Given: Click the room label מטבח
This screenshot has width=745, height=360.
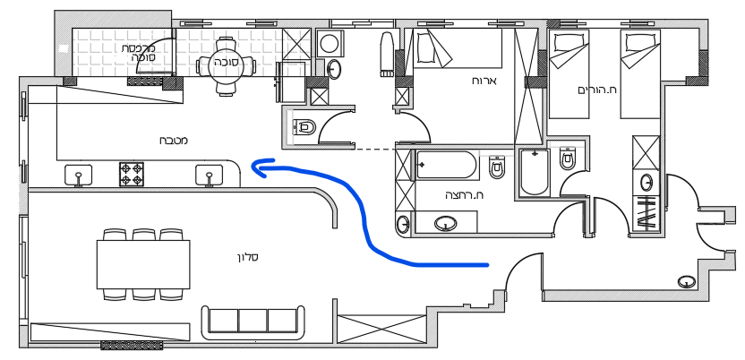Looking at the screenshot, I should pyautogui.click(x=174, y=141).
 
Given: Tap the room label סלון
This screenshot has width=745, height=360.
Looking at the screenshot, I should pyautogui.click(x=248, y=258).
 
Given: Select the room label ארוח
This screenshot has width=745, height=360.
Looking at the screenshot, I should pyautogui.click(x=484, y=81).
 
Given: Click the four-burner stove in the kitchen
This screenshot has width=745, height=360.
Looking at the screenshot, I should pyautogui.click(x=132, y=174).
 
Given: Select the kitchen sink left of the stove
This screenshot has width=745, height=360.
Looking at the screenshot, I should pyautogui.click(x=79, y=175).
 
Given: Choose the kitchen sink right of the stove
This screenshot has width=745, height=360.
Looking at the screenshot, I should pyautogui.click(x=208, y=175).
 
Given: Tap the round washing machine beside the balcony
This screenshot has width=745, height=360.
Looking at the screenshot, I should pyautogui.click(x=330, y=42).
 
